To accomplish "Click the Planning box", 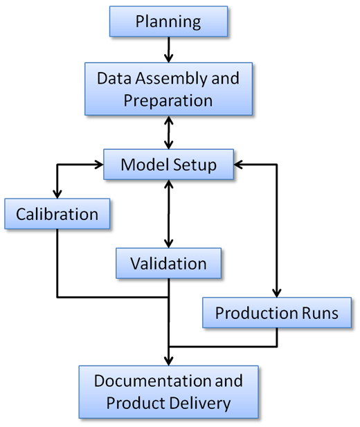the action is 168,21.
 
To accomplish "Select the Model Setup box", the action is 168,164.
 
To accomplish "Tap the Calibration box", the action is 57,214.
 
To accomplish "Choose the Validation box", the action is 168,263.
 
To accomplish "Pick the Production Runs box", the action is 277,313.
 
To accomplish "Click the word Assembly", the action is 172,79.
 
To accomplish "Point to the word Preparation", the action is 168,101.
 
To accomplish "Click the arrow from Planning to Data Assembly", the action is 169,50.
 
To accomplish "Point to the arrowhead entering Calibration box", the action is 57,194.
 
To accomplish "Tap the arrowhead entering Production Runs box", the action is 277,293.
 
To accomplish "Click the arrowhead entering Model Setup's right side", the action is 238,165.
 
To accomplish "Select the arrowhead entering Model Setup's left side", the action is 98,165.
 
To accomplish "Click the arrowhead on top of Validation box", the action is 169,243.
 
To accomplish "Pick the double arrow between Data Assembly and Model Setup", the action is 169,132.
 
